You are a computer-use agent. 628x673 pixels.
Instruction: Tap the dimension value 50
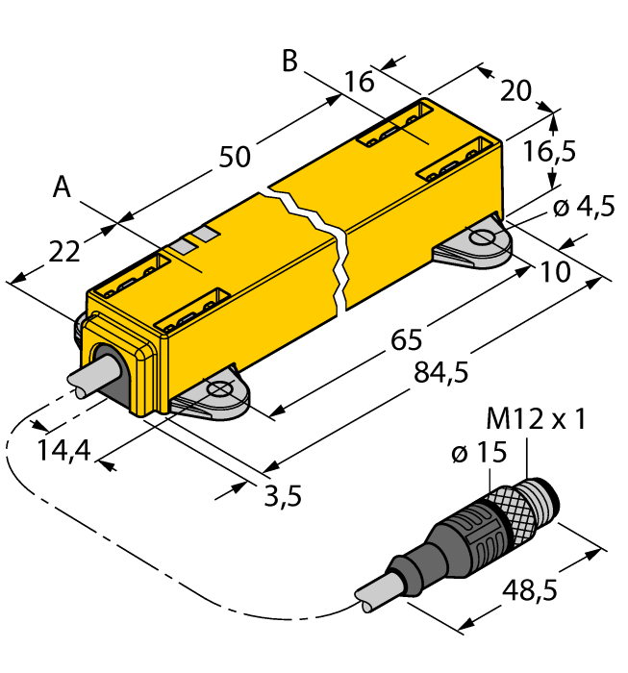tap(235, 157)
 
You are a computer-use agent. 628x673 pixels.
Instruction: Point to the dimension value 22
tap(63, 252)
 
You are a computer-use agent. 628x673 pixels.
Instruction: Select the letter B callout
tap(289, 61)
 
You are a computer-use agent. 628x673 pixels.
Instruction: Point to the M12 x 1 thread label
tap(537, 420)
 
